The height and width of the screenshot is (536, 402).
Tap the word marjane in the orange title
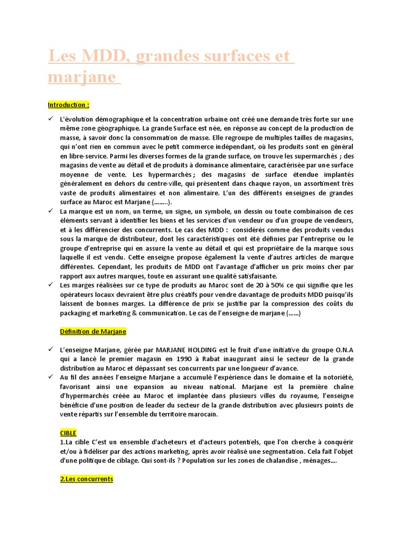point(81,77)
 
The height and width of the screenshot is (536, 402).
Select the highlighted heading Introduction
point(68,105)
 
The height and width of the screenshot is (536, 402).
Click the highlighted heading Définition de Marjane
point(93,331)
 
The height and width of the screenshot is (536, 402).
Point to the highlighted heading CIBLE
point(68,433)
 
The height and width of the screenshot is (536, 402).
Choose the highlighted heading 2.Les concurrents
point(86,479)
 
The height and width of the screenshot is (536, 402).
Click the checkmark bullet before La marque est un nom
point(51,210)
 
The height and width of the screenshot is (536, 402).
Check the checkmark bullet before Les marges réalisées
point(51,285)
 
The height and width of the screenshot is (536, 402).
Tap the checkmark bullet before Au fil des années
point(51,377)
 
